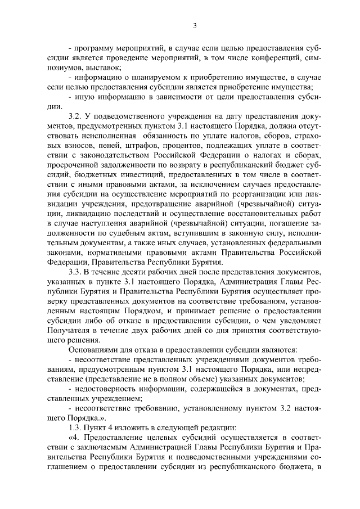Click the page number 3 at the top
194,25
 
